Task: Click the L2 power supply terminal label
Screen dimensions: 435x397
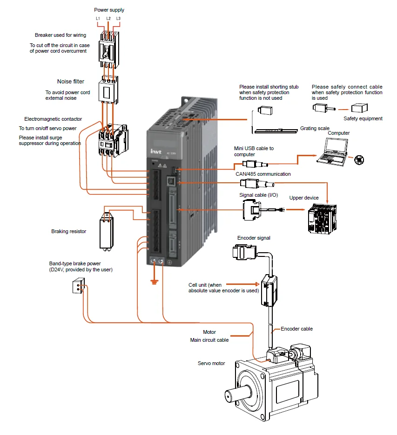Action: [108, 18]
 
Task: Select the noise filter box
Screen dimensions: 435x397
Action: [108, 89]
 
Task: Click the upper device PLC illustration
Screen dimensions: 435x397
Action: [322, 219]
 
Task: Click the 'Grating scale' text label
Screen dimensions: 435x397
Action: [315, 128]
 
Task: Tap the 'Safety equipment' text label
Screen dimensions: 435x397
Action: [363, 118]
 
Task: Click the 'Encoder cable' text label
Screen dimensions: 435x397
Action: [296, 329]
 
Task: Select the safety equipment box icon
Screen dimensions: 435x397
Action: [360, 108]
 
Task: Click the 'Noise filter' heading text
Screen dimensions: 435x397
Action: [71, 82]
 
